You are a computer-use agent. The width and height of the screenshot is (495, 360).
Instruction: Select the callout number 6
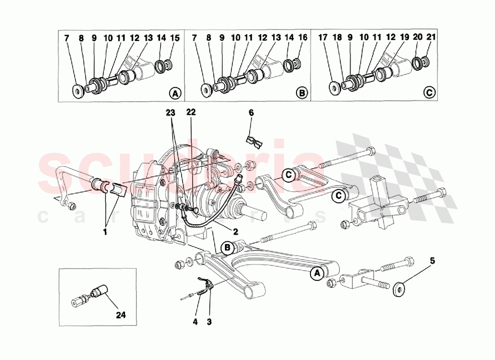(251, 113)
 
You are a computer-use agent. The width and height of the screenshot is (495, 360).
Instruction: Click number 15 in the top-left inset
(174, 38)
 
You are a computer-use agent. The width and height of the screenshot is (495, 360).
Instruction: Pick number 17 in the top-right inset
(323, 38)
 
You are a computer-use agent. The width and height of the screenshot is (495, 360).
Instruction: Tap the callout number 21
(431, 38)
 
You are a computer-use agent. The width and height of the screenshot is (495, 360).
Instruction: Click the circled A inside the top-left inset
(175, 93)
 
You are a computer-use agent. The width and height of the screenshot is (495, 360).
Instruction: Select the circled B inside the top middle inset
(302, 93)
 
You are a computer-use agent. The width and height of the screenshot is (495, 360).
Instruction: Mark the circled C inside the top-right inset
(430, 93)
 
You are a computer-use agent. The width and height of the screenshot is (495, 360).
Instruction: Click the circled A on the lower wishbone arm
(317, 273)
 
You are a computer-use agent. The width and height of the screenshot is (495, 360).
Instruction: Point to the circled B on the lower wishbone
(228, 247)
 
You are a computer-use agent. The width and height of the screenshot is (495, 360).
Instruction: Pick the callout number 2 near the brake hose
(235, 232)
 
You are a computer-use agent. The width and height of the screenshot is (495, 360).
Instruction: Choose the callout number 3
(209, 322)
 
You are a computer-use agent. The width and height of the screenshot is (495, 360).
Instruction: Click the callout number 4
(195, 322)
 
